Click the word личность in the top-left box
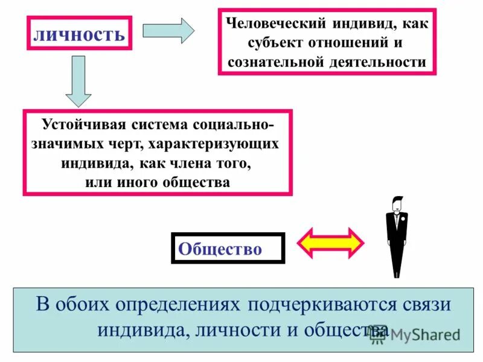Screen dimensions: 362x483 coord(78,34)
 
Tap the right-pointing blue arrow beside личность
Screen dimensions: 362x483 coord(168,30)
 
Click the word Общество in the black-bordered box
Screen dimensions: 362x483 coord(220,249)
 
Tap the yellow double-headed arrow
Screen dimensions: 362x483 coord(331,243)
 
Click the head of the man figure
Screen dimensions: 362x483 coord(397,204)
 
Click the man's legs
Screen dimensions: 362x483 coord(397,259)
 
